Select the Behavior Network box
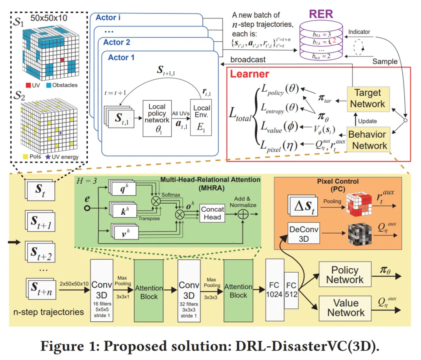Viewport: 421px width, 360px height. point(368,140)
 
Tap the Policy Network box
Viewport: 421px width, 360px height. point(345,275)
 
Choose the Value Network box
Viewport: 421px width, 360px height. point(345,307)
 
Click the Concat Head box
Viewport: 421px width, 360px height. point(212,213)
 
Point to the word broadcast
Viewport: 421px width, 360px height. point(248,60)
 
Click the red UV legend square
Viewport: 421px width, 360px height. point(28,85)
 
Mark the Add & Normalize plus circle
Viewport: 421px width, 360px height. point(243,214)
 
